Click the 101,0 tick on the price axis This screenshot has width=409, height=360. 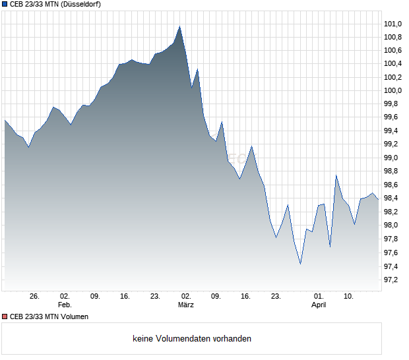(x=393, y=24)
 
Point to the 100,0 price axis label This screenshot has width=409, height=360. (x=393, y=91)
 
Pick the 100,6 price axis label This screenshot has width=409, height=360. (x=393, y=51)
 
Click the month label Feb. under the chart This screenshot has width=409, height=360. (x=65, y=305)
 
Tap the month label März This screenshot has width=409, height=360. (x=186, y=305)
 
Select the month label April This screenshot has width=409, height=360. (x=319, y=305)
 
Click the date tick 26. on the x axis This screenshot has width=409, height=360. (x=35, y=297)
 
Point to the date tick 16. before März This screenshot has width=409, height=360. (x=125, y=297)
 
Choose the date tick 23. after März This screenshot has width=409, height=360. (x=276, y=297)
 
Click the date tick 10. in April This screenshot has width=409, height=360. (x=349, y=297)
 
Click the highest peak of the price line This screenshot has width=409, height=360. (x=179, y=26)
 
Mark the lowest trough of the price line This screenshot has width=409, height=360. (x=300, y=264)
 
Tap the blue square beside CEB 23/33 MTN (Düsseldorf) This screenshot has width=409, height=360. (x=5, y=4)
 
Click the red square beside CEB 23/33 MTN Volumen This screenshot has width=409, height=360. (x=5, y=316)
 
